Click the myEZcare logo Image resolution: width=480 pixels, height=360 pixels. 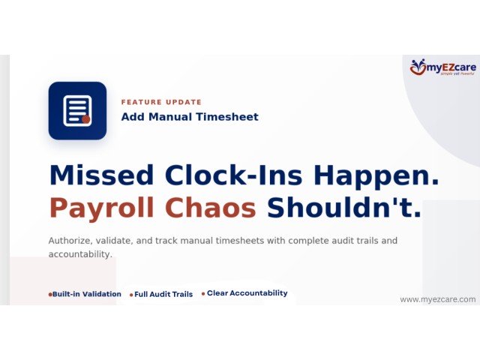tap(442, 68)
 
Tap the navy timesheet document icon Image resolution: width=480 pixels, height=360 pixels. tap(77, 110)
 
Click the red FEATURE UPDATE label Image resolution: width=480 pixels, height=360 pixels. tap(161, 102)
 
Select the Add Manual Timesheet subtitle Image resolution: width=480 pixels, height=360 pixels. tap(190, 117)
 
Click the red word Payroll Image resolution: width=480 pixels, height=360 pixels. tap(100, 208)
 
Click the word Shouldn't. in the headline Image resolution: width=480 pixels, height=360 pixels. tap(344, 208)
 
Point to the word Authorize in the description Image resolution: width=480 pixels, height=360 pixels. tap(73, 241)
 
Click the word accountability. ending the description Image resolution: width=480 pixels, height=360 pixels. tap(80, 254)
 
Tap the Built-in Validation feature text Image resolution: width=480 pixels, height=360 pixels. tap(87, 294)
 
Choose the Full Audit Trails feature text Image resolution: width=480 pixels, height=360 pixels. tap(163, 295)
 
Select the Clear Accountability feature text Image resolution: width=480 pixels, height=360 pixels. tap(247, 293)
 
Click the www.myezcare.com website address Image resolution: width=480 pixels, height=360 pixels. tap(437, 299)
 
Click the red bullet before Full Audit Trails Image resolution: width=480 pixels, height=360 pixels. tap(131, 295)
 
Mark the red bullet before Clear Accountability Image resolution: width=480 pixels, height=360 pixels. tap(202, 294)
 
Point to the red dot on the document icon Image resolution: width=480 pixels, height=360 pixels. tap(86, 119)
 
